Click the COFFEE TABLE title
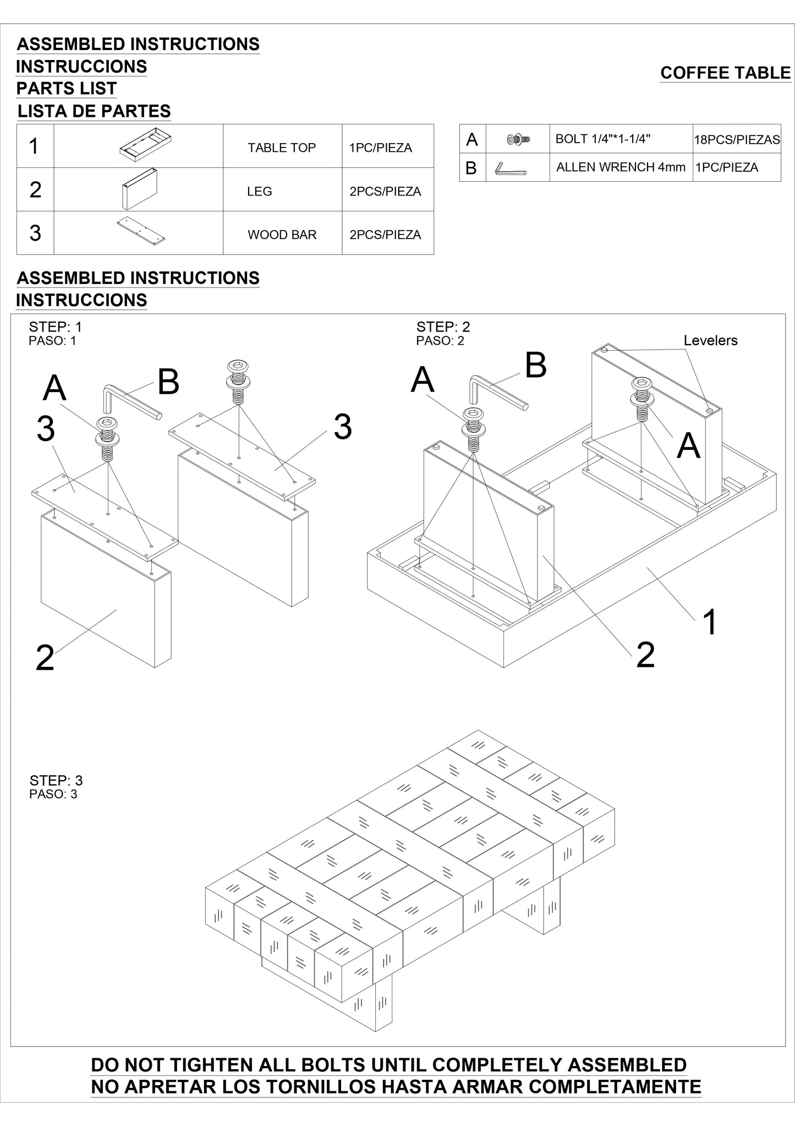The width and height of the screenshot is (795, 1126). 725,73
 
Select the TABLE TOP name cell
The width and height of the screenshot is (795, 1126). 282,148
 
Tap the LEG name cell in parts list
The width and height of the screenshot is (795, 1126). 260,192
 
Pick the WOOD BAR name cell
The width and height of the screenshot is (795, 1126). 282,235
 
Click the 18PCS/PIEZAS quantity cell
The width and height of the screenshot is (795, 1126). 737,140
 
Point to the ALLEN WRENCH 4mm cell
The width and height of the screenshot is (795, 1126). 621,167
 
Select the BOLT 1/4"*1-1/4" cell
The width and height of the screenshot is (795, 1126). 603,139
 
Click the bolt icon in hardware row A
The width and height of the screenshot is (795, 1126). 518,140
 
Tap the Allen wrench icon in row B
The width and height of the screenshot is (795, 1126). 510,168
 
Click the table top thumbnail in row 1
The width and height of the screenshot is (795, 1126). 145,145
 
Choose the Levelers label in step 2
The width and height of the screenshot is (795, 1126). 710,340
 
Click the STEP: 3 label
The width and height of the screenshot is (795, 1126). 56,780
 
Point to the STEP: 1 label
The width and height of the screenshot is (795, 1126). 56,327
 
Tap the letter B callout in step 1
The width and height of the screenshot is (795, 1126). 168,382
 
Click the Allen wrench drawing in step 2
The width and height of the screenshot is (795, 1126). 495,392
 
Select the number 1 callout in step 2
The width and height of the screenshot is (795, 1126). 710,622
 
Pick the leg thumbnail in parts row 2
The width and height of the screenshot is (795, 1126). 139,189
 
